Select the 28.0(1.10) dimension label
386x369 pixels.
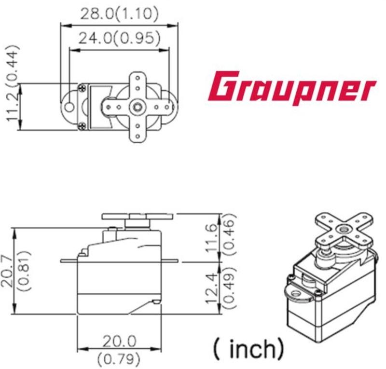click(119, 14)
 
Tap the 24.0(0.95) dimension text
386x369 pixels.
click(119, 38)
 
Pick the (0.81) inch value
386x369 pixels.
click(25, 271)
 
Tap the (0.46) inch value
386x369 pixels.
click(230, 234)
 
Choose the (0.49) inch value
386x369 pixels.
click(230, 287)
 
